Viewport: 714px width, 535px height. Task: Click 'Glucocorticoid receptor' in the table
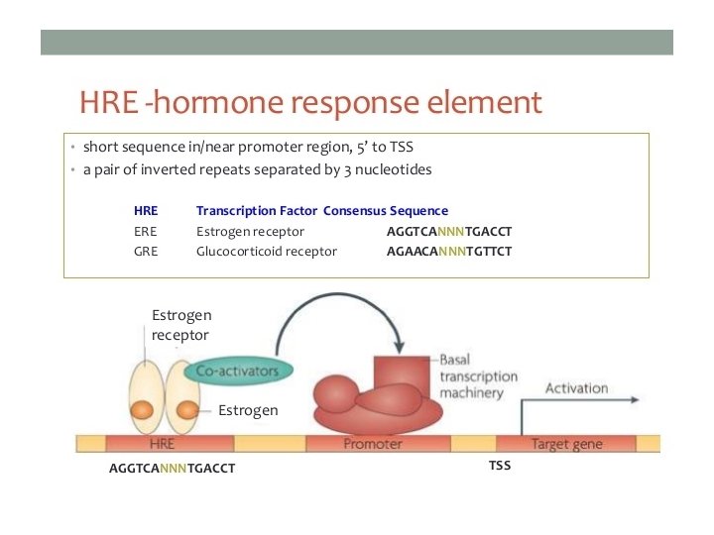point(267,251)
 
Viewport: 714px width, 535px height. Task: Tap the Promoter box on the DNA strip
point(372,444)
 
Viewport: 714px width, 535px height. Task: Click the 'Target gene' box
point(564,444)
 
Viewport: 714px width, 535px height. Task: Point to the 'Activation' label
point(576,388)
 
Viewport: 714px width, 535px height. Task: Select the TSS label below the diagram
point(500,465)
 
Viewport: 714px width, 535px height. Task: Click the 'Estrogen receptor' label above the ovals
point(180,325)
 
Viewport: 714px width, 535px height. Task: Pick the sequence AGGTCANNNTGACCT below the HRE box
point(172,469)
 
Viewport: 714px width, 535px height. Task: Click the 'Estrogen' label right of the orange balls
point(248,409)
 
